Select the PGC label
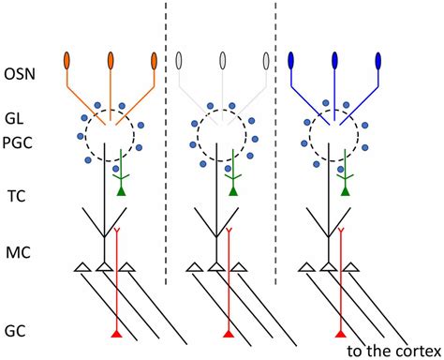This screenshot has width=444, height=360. pos(17,140)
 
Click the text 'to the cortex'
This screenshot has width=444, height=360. pos(391,350)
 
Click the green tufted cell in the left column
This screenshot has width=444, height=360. pos(120,191)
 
